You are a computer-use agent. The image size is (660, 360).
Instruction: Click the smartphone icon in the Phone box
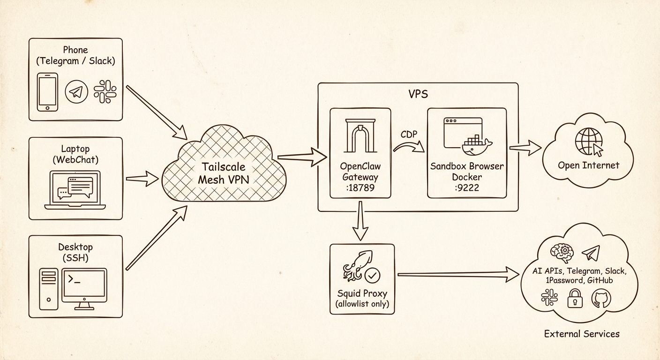point(47,92)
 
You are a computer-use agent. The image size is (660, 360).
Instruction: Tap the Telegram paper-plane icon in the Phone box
point(76,92)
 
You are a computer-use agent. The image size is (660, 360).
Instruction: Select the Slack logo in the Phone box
point(105,91)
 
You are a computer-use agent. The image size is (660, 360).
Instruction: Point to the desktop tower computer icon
point(49,289)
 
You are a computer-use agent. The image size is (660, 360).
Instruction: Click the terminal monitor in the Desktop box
point(85,286)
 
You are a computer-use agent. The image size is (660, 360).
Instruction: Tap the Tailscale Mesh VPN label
point(224,173)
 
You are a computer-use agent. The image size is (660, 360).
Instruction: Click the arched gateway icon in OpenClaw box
point(360,135)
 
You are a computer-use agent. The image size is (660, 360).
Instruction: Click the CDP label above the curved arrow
point(409,135)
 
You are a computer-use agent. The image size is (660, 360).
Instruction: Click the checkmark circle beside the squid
point(373,276)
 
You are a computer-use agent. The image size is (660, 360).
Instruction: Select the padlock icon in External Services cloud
point(575,298)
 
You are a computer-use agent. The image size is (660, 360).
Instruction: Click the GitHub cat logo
point(601,298)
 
